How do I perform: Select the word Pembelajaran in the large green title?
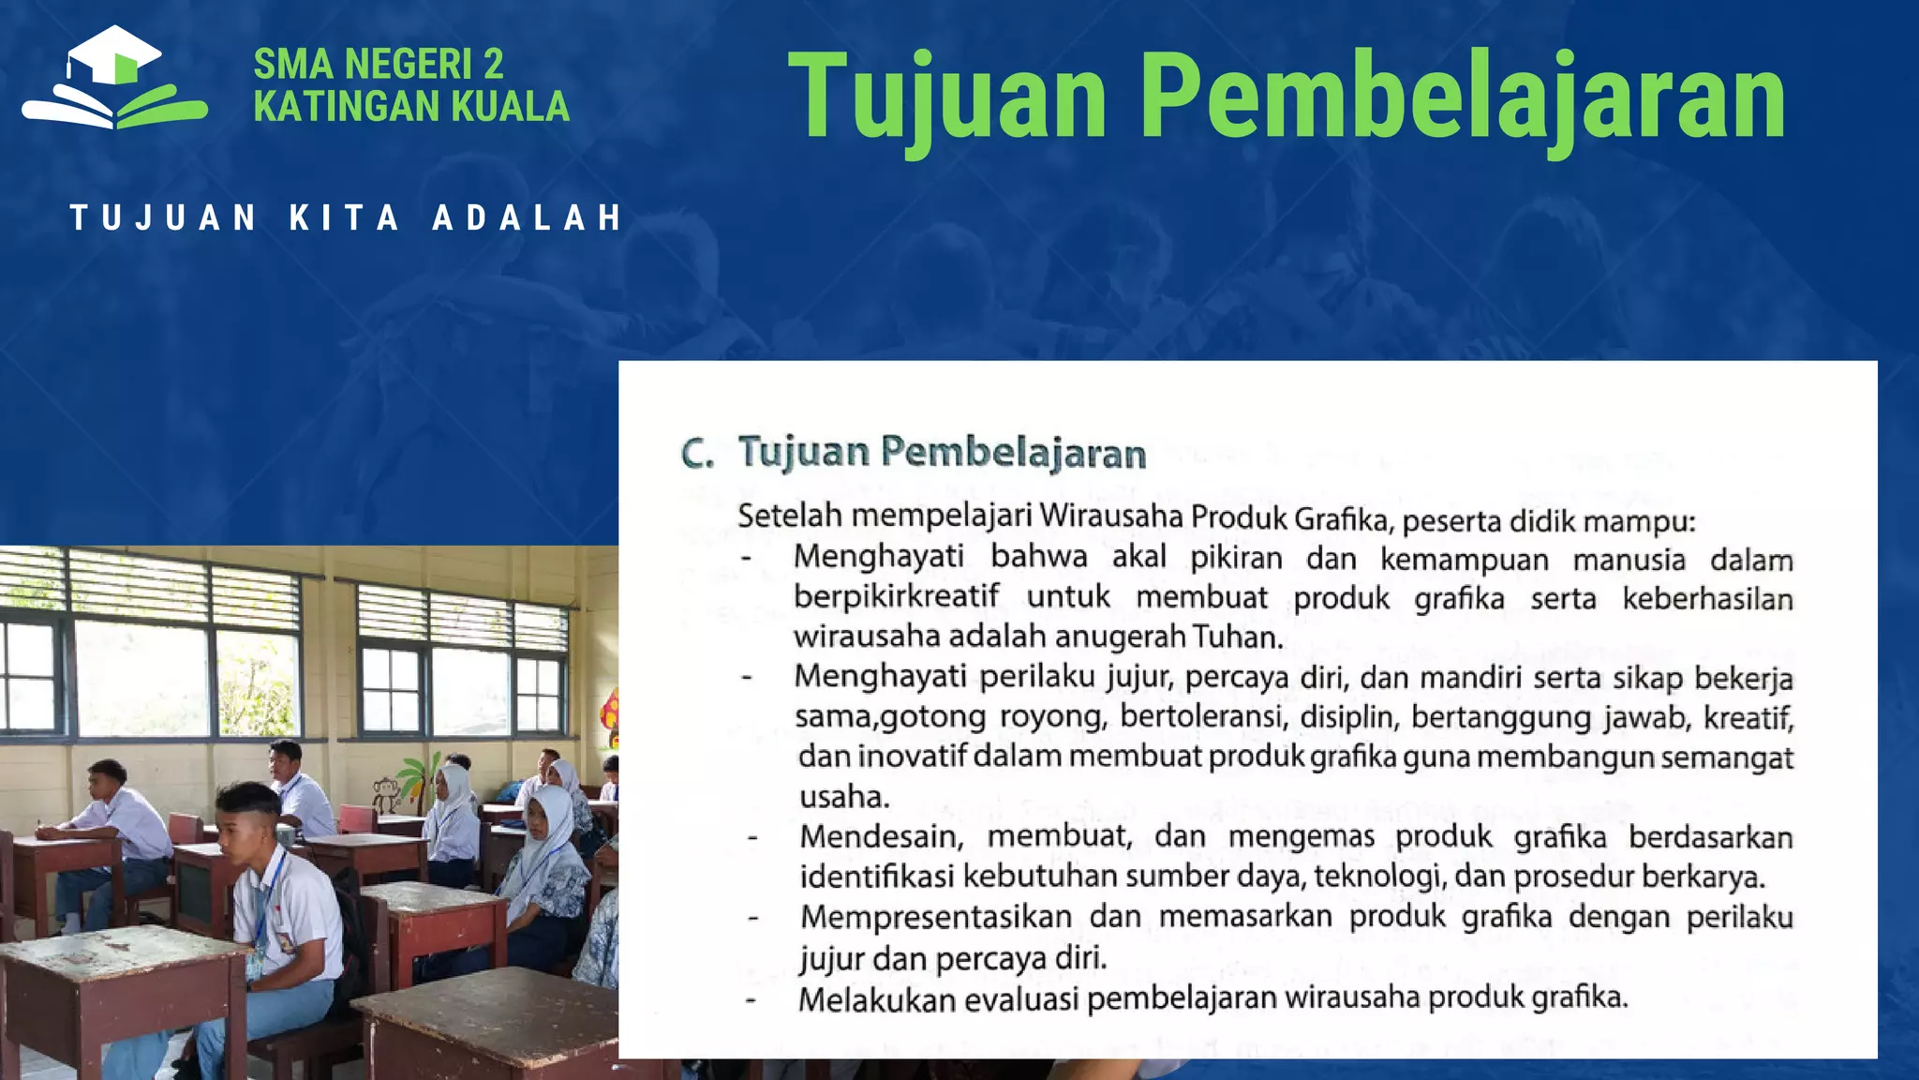(1464, 97)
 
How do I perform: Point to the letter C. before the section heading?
(697, 455)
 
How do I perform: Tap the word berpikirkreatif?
(897, 596)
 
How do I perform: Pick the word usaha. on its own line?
(844, 797)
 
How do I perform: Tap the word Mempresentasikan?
(936, 917)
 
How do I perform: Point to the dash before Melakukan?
(751, 1000)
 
